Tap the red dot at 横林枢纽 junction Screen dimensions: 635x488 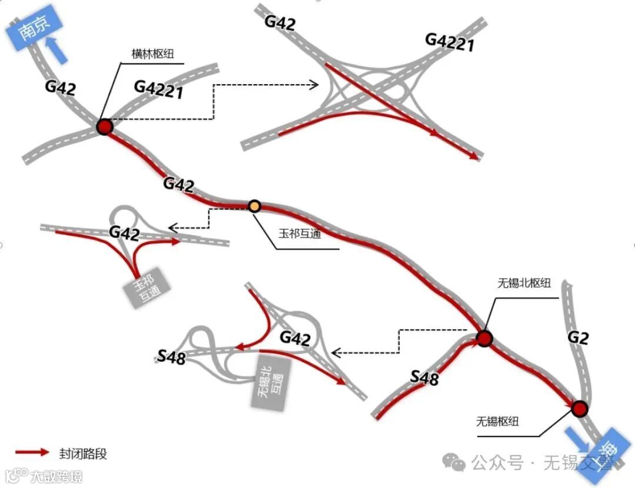104,127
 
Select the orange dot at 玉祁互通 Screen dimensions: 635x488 255,206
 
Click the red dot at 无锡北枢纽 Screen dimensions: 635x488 484,338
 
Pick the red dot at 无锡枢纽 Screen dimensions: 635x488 580,408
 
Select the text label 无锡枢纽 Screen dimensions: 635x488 497,421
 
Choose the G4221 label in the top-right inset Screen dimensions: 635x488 450,42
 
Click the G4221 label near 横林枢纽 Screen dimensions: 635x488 159,89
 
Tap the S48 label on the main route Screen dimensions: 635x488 425,377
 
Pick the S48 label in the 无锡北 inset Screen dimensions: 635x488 172,356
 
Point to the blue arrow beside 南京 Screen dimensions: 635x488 58,49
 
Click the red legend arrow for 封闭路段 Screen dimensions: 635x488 32,453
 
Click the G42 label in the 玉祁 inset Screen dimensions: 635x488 124,234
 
